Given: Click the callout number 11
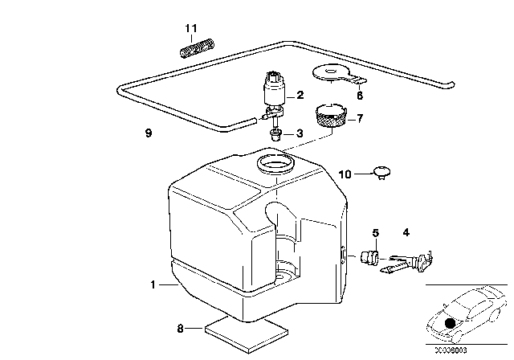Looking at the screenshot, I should click(190, 29).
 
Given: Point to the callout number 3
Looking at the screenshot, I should click(300, 133).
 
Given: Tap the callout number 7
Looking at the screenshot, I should click(360, 119).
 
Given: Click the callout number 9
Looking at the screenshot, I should click(148, 133).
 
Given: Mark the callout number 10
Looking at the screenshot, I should click(345, 174).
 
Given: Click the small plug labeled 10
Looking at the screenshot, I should click(381, 171).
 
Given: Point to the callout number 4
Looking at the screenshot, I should click(405, 233).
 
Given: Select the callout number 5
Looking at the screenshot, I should click(374, 234).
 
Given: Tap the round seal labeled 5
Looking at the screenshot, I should click(371, 257).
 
